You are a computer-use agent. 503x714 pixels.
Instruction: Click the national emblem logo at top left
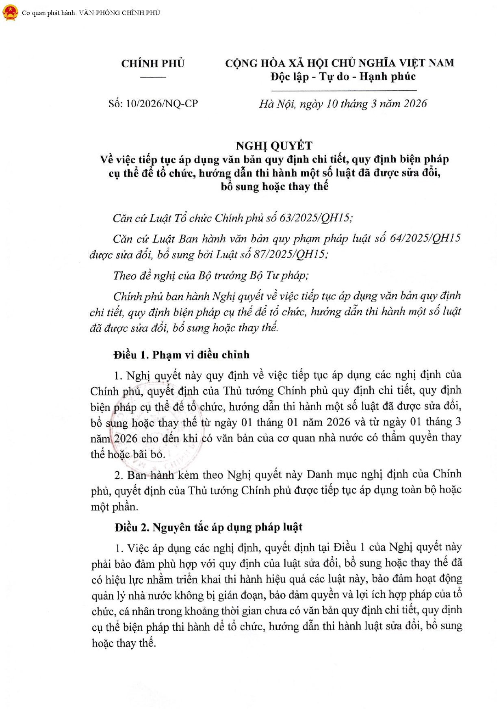click(10, 13)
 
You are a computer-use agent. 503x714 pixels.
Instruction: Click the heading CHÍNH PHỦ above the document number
click(153, 63)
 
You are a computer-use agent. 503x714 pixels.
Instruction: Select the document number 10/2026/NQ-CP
click(162, 104)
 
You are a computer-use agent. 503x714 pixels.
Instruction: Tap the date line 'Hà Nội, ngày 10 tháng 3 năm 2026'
click(343, 104)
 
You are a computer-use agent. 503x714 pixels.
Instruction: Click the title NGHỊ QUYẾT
click(274, 145)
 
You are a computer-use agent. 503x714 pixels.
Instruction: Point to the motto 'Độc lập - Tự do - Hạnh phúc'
click(343, 76)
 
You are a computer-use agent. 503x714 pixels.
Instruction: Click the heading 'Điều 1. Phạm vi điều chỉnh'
click(182, 355)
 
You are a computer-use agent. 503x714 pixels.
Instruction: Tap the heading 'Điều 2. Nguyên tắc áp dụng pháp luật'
click(208, 527)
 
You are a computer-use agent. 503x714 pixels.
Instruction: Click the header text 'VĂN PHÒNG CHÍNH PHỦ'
click(119, 13)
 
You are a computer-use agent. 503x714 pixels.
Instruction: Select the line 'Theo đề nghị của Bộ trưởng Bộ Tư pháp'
click(211, 276)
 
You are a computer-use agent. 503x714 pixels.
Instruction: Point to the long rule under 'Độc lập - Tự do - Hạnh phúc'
click(343, 90)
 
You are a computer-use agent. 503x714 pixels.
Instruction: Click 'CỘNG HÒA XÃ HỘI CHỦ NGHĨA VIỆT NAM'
click(340, 63)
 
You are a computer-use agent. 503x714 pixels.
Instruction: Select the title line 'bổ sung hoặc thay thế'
click(274, 187)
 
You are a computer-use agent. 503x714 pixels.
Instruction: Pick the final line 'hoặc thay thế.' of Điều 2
click(124, 643)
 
